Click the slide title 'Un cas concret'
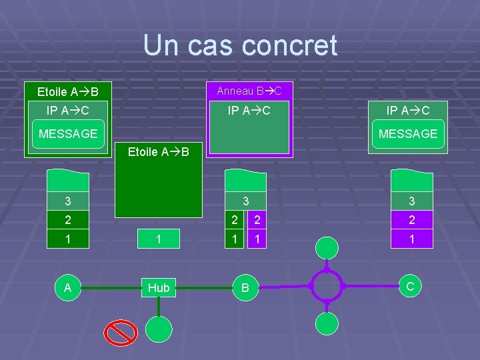coord(240,46)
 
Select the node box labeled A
coord(67,287)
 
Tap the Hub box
coord(159,287)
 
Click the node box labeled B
coord(245,287)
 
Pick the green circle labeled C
coord(411,286)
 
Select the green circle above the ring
coord(327,248)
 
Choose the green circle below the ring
coord(327,324)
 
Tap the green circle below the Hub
coord(159,329)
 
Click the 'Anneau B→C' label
coord(249,90)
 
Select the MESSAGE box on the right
coord(408,134)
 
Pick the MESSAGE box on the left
coord(68,134)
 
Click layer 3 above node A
coord(68,201)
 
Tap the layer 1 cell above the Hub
coord(159,239)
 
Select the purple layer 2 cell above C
coord(411,220)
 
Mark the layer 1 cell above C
coord(411,239)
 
